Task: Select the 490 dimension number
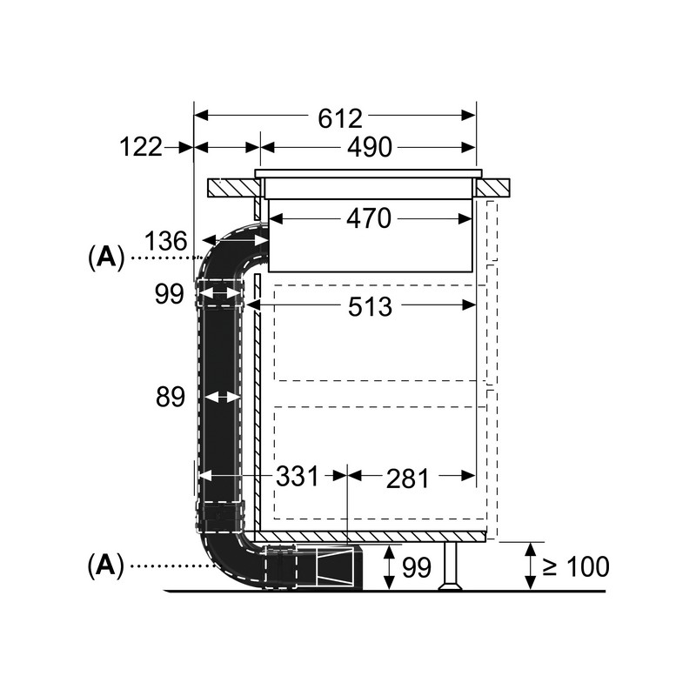369,148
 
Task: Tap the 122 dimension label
141,148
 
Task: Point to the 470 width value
369,218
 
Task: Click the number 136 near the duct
165,241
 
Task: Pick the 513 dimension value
371,306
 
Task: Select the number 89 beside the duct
171,398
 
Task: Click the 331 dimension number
298,477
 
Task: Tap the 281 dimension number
406,478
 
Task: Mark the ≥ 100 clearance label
576,567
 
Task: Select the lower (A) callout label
104,567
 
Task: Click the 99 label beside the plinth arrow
417,567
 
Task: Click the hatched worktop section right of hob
492,186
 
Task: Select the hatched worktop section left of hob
231,186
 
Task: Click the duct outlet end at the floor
339,569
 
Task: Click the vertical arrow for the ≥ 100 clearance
529,565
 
